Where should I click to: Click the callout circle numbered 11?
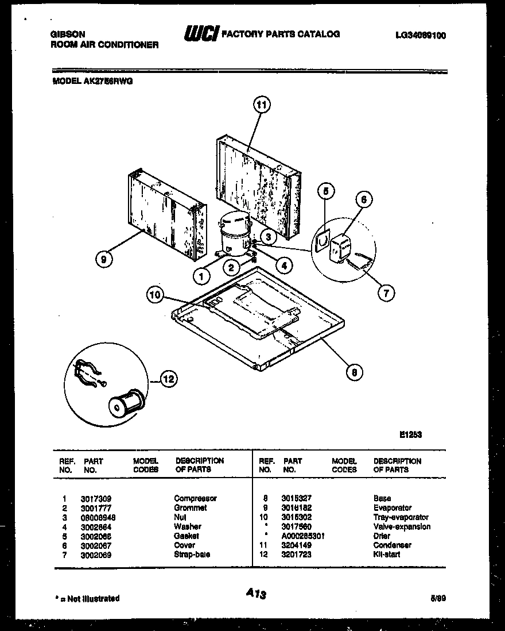point(262,105)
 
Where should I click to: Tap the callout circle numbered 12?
point(168,379)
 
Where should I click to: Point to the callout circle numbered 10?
point(155,296)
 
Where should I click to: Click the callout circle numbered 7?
point(386,293)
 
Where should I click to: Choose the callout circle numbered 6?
point(363,200)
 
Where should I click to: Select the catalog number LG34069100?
point(421,36)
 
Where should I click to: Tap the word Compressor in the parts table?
point(195,499)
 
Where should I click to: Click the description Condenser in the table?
point(393,545)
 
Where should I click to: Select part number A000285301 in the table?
point(303,536)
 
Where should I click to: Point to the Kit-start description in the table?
point(387,555)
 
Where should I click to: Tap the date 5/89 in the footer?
point(438,598)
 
